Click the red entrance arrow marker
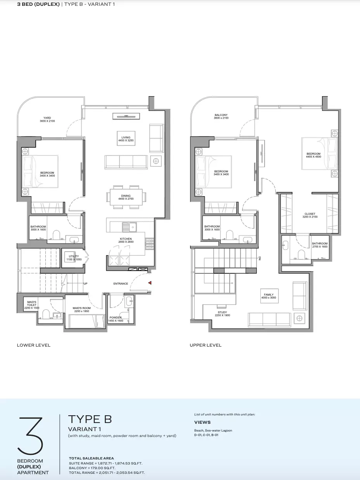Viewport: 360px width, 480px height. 150,283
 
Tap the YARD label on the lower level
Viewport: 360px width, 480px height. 47,119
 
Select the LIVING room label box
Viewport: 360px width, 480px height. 126,138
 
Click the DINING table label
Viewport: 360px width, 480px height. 126,197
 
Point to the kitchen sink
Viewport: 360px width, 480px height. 130,227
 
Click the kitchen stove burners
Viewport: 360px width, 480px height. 150,244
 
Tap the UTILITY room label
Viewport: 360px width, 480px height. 74,258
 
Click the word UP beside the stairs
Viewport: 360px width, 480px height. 85,284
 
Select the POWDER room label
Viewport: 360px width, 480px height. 116,319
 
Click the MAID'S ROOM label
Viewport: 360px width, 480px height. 81,309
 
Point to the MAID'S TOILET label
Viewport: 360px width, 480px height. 32,305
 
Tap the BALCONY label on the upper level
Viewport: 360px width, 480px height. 221,116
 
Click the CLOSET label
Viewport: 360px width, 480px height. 310,215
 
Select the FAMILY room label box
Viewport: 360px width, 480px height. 269,296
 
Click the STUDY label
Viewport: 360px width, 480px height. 222,314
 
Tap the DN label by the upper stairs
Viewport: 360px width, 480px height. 260,258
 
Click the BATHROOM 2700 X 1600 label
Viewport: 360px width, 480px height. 320,245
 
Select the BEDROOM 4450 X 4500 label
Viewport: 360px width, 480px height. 313,155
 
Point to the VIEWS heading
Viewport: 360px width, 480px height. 202,422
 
